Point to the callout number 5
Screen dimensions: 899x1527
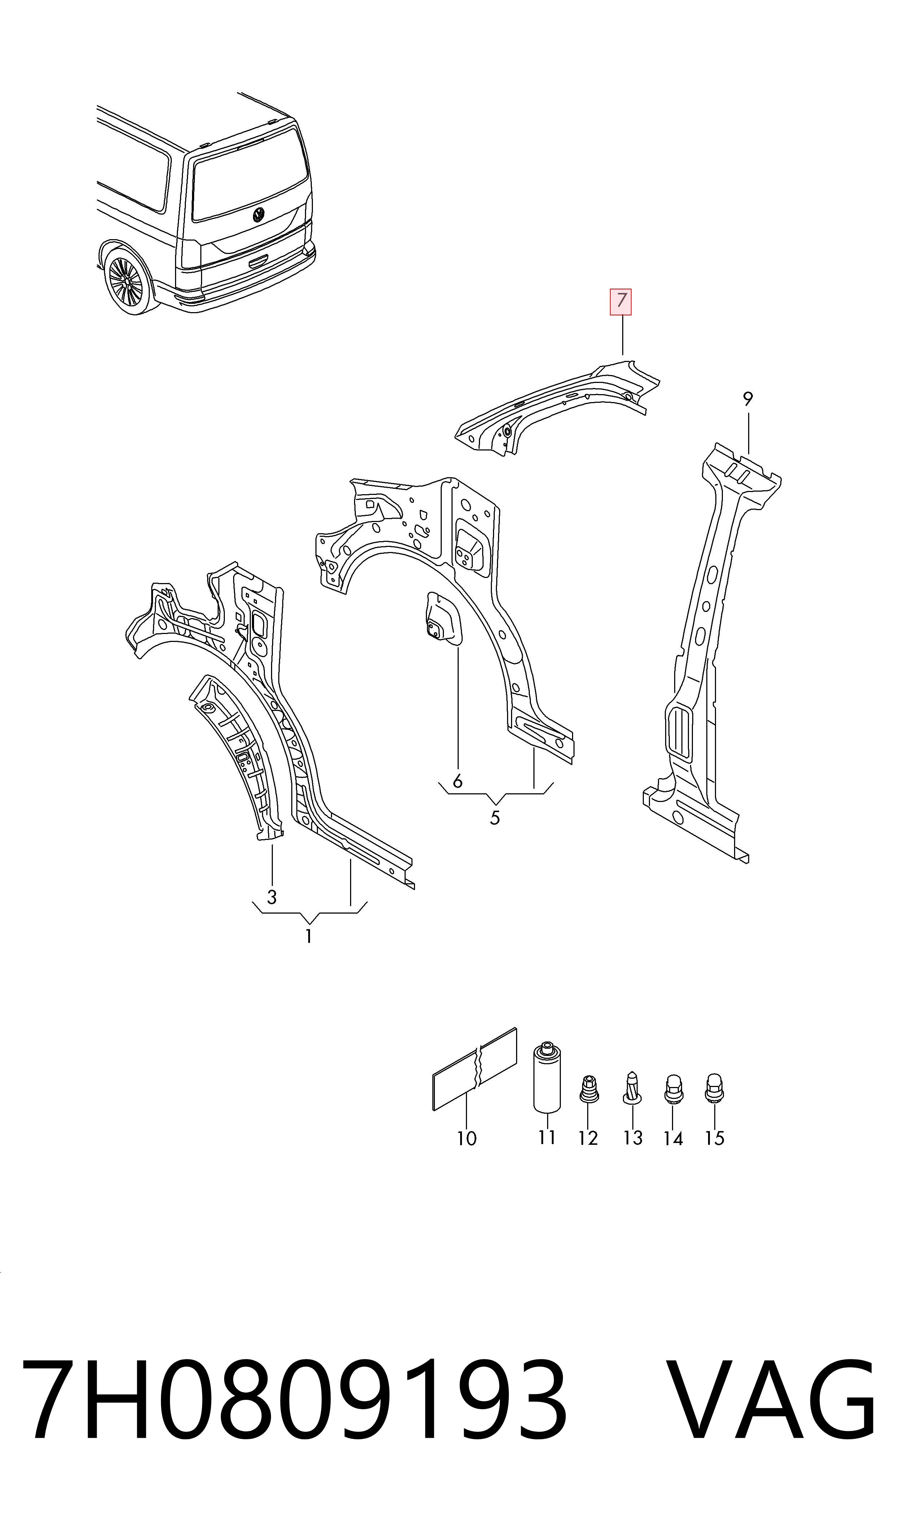pos(495,818)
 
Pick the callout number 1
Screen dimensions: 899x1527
pos(308,937)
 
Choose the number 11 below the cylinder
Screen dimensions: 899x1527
pos(547,1138)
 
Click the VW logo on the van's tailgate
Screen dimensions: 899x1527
pos(259,215)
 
